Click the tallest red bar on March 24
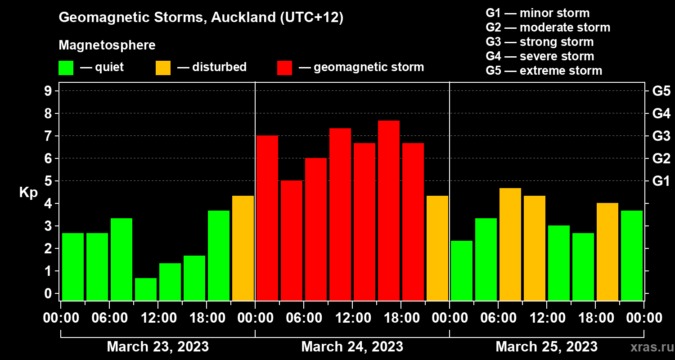389,211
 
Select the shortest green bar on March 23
146,289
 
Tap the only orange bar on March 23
243,248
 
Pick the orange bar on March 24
437,248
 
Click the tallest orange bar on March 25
510,244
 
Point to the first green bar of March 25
462,270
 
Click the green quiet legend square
66,68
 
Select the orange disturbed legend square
163,68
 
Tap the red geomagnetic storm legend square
285,68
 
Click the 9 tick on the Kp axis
48,91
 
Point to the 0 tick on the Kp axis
48,293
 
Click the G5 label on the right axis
661,91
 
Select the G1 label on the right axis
661,181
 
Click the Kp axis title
29,193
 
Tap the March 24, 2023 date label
352,346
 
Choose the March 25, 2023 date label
547,346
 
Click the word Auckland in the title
243,17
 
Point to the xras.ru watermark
652,347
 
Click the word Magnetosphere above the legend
107,45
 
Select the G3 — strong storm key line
540,42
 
